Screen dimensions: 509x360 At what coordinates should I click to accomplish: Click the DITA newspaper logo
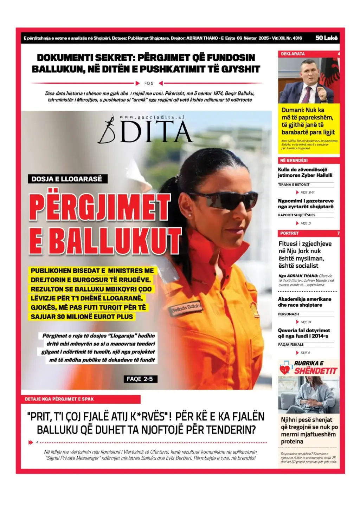click(146, 131)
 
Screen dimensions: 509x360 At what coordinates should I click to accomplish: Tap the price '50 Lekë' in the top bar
click(326, 38)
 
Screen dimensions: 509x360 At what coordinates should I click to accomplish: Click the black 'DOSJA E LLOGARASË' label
click(67, 179)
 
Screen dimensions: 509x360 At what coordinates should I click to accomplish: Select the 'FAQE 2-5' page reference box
click(140, 379)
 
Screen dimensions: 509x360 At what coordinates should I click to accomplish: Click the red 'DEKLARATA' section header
click(293, 54)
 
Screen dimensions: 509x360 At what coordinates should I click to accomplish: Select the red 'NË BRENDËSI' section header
click(294, 160)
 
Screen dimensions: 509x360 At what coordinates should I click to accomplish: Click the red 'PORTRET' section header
click(289, 233)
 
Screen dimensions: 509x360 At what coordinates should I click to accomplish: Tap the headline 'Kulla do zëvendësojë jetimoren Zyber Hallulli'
click(305, 172)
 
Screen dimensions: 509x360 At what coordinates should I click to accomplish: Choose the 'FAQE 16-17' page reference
click(307, 192)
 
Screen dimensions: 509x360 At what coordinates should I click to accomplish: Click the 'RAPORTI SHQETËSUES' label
click(296, 215)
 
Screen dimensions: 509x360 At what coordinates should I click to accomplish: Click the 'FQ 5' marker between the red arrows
click(149, 83)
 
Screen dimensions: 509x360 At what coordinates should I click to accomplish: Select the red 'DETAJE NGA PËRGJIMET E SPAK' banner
click(81, 399)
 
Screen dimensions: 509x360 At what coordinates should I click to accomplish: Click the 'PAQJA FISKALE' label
click(291, 345)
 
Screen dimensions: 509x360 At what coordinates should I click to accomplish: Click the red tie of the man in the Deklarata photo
click(308, 93)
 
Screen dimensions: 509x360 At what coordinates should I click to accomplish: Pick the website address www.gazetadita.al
click(152, 117)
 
